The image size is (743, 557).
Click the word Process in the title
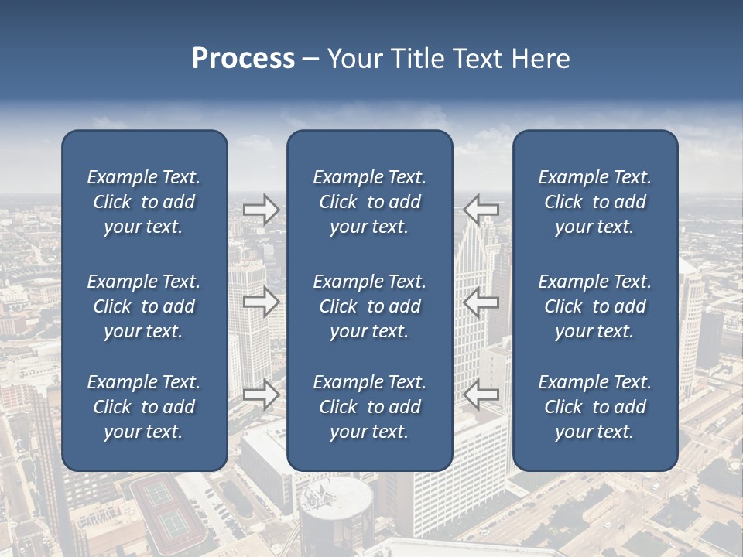click(243, 59)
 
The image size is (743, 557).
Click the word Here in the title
click(540, 59)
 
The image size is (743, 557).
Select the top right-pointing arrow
click(262, 210)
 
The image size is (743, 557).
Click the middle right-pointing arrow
click(262, 302)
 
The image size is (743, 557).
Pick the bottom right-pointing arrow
click(262, 394)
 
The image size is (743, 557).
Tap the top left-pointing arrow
click(481, 210)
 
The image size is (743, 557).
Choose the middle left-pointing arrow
click(481, 302)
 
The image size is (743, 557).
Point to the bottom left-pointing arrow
click(481, 394)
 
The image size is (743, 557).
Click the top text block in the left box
click(144, 202)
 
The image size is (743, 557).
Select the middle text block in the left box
click(144, 306)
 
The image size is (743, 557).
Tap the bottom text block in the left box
click(144, 407)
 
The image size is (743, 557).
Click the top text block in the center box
click(369, 202)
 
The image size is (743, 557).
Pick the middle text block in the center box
click(369, 306)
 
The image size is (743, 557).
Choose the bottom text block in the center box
click(369, 407)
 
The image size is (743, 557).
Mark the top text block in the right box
click(594, 202)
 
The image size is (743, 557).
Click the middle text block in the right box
click(594, 306)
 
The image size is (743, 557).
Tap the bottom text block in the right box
click(594, 407)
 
